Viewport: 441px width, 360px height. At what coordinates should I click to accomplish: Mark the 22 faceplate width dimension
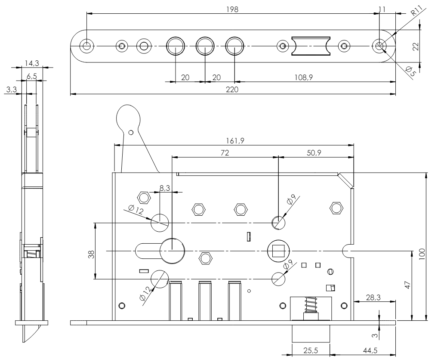point(416,46)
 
